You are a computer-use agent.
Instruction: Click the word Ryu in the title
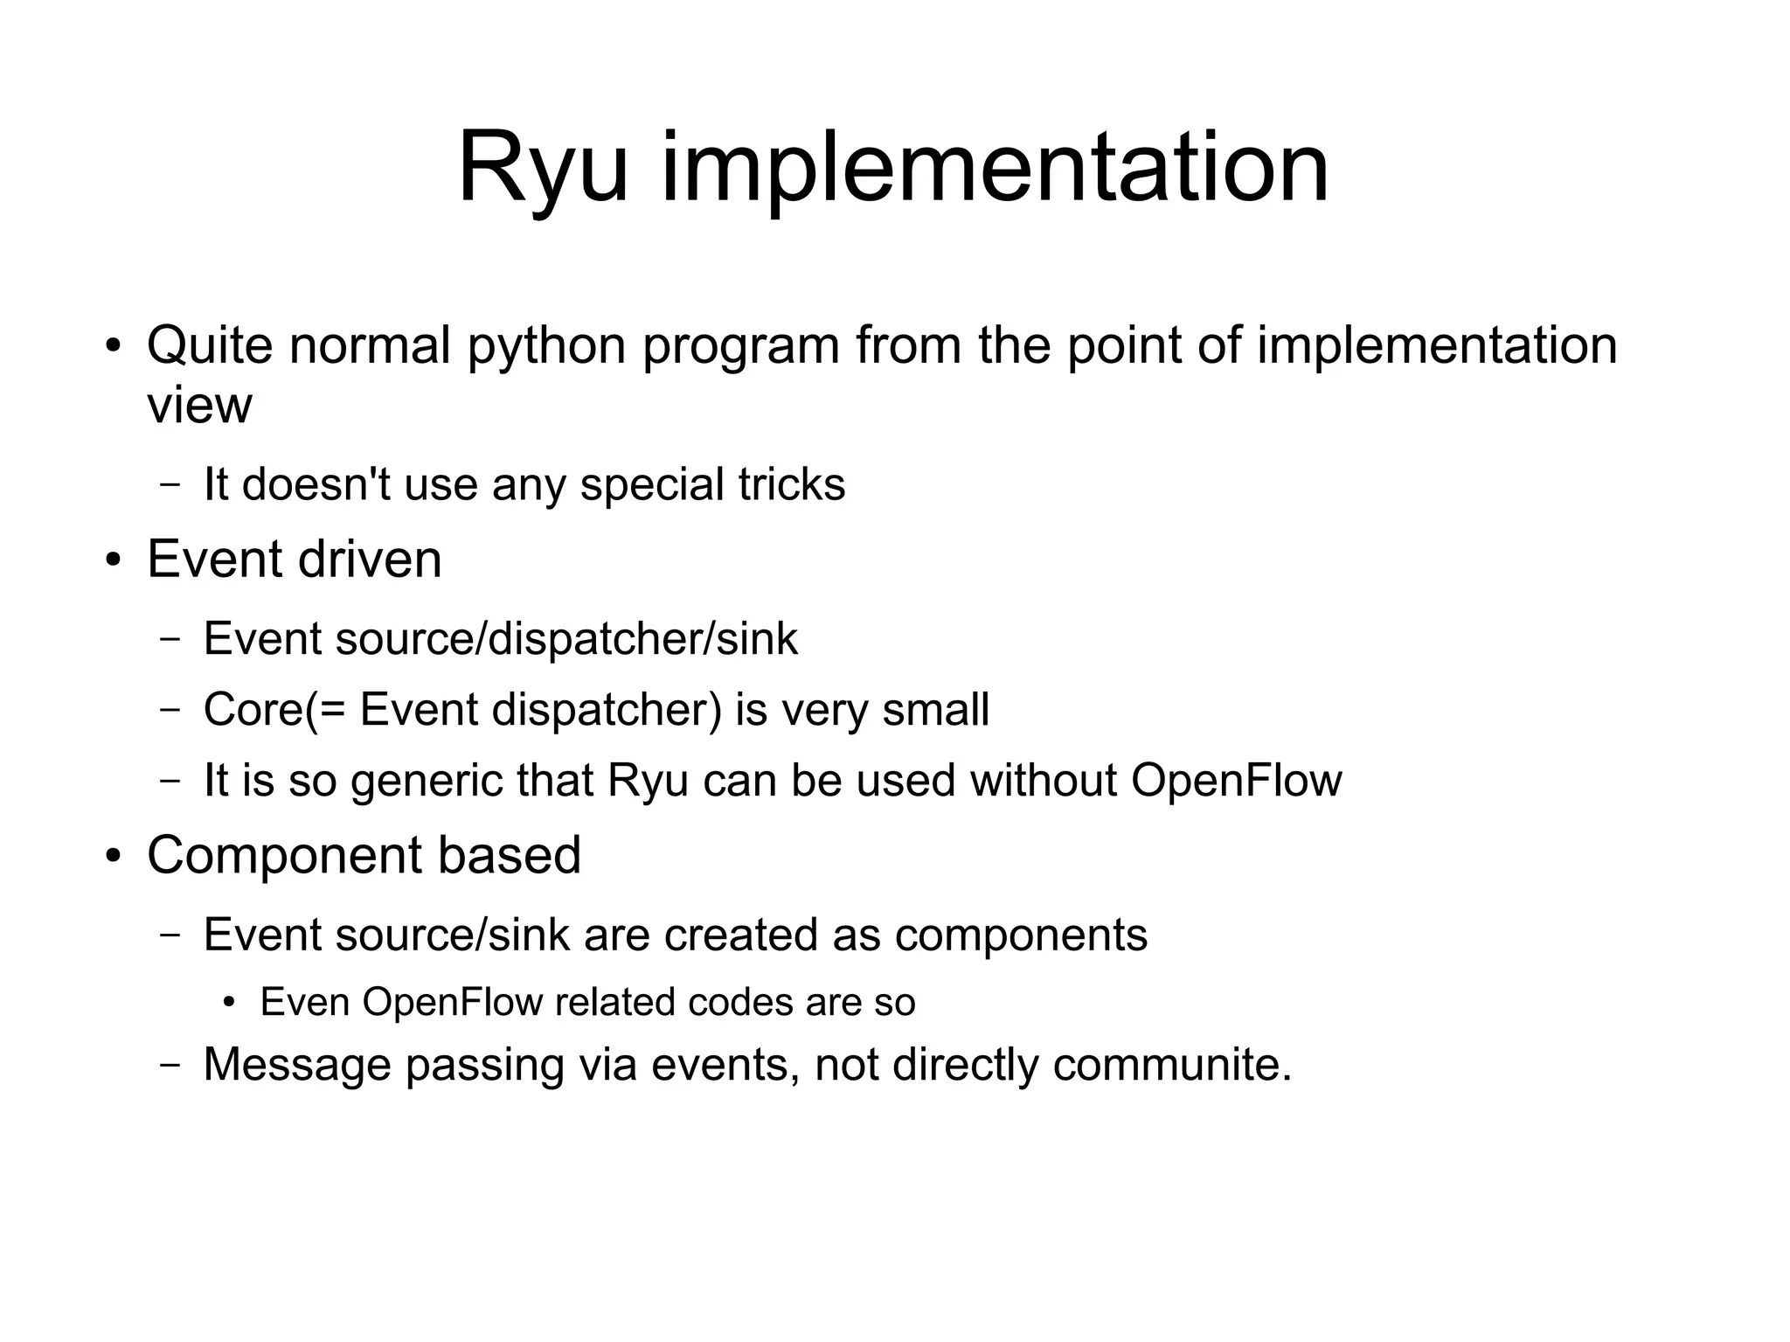point(542,168)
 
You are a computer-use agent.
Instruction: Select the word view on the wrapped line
point(199,405)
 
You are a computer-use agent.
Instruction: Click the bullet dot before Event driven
point(112,560)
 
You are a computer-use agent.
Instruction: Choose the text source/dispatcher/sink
point(566,639)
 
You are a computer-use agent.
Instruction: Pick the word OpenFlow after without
point(1236,781)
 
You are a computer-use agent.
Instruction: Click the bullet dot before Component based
point(112,855)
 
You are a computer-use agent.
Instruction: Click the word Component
point(284,855)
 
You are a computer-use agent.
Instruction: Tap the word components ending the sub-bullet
point(1020,935)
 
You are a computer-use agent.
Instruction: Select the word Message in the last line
point(296,1065)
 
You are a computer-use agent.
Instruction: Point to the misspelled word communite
point(1171,1065)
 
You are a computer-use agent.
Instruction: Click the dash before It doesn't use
point(170,485)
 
